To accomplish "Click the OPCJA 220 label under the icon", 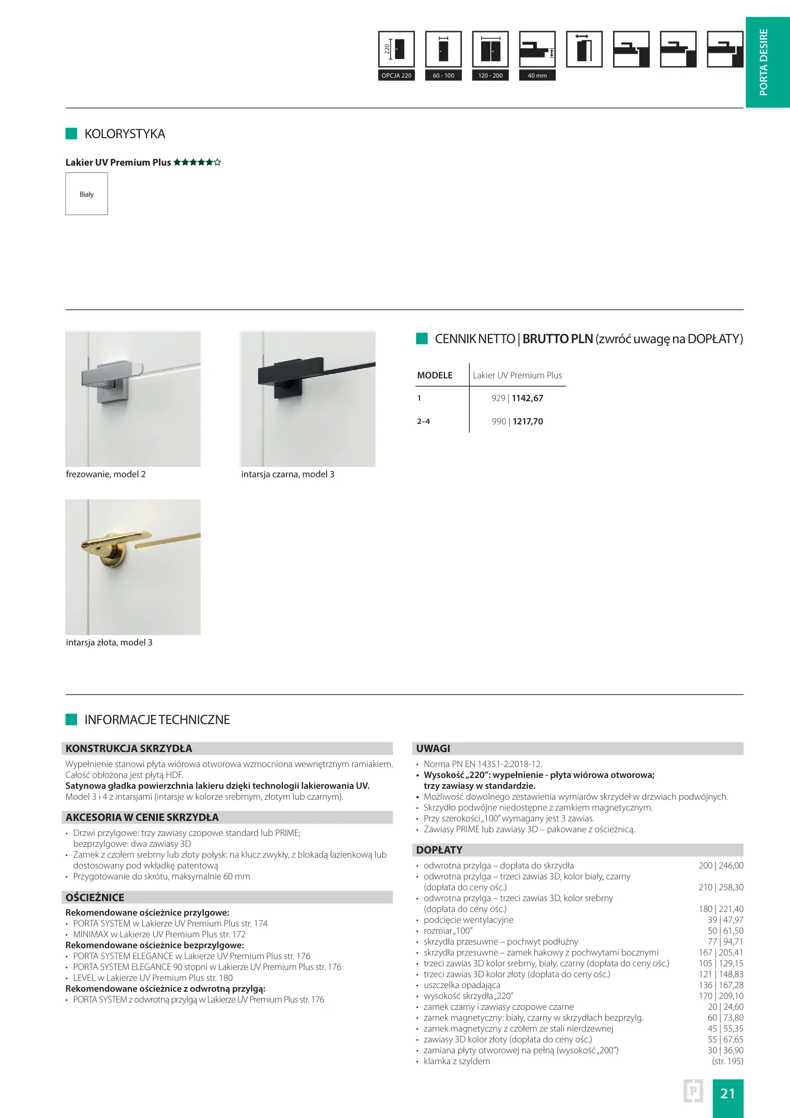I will [x=396, y=76].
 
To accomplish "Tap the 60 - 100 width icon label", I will [x=443, y=76].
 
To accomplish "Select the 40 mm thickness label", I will [x=537, y=76].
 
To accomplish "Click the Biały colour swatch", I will [x=86, y=194].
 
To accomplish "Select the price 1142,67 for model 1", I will [x=527, y=398].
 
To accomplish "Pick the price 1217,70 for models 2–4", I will [x=528, y=421].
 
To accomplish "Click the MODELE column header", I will [x=435, y=375].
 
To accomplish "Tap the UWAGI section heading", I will [x=433, y=748].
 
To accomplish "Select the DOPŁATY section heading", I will [x=439, y=850].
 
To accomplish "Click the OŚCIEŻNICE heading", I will [x=95, y=898].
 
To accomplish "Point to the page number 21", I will [x=727, y=1093].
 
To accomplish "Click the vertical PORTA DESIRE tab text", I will [x=764, y=62].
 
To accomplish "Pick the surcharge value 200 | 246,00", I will [x=721, y=865].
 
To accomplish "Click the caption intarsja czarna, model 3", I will [x=288, y=474].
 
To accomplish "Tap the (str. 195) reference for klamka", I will [x=727, y=1061].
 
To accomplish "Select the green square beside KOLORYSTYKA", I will [x=71, y=134].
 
